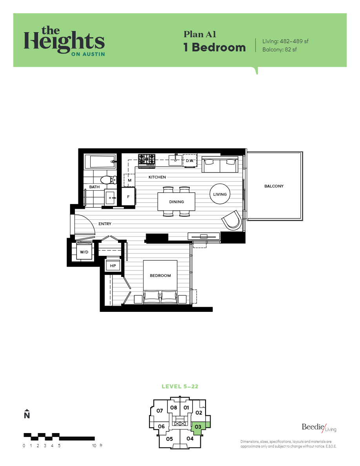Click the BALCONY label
(274, 186)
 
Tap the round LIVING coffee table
(220, 194)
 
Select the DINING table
(176, 202)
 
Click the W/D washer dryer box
(84, 252)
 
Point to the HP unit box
(113, 266)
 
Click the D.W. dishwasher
(190, 160)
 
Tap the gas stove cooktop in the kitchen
(146, 159)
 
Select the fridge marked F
(128, 196)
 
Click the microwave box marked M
(129, 180)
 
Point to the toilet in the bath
(107, 180)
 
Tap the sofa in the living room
(220, 165)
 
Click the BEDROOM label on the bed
(160, 275)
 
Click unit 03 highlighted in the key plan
(199, 427)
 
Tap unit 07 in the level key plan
(160, 411)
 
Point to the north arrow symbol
(27, 414)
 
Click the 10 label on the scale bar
(94, 446)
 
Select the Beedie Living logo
(319, 428)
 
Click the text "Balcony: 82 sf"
(279, 50)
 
